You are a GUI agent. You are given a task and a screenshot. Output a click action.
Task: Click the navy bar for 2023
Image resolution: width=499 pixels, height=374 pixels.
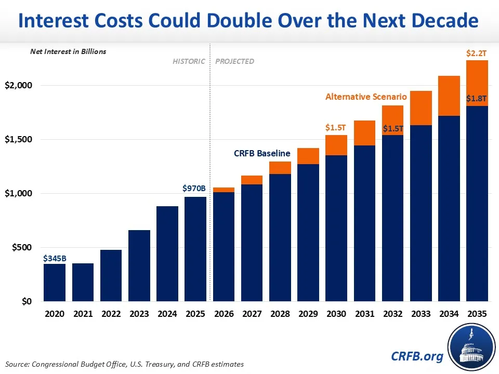point(139,265)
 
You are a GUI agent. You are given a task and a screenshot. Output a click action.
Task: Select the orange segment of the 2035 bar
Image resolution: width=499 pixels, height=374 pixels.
point(477,83)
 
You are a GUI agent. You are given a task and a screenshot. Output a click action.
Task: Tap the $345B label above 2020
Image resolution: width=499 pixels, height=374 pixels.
point(55,258)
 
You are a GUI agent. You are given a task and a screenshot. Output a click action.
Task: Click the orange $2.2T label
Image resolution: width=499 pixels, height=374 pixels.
point(477,53)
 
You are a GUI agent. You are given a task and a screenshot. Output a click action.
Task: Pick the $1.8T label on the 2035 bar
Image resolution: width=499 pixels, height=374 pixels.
point(477,99)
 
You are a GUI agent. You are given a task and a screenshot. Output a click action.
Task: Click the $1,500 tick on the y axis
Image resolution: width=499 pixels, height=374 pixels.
point(18,139)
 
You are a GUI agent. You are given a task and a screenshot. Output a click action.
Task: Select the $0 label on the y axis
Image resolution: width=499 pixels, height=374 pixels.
point(25,302)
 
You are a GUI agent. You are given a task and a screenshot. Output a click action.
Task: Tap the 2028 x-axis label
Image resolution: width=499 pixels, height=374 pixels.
point(280,314)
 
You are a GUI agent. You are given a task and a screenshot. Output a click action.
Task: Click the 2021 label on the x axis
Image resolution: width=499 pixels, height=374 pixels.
point(83,314)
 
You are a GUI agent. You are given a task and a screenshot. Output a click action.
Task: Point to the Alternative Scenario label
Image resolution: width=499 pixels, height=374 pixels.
point(366,97)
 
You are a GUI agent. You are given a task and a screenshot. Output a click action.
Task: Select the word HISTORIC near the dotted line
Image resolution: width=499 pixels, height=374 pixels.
point(189,61)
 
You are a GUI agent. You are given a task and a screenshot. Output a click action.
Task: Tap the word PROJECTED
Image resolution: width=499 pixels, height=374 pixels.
point(235,61)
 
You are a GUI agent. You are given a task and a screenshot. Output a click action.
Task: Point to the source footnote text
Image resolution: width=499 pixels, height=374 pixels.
point(125,364)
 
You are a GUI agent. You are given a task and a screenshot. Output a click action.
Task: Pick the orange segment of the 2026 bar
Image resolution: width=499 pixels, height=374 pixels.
point(224,190)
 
